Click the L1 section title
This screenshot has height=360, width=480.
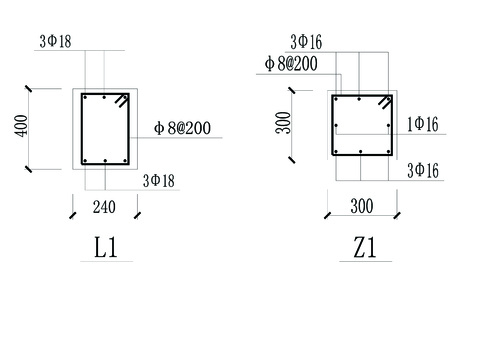pos(106,247)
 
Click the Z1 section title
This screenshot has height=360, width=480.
pos(365,247)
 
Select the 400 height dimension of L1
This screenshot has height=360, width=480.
pos(21,126)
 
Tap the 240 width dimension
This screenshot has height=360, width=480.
pos(104,207)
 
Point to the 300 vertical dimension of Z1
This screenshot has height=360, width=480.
pos(283,123)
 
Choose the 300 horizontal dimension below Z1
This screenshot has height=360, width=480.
pos(362,206)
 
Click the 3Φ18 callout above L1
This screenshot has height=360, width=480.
pos(55,42)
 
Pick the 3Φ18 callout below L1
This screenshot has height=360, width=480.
pos(159,181)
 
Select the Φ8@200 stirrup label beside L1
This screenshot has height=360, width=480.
pos(182,128)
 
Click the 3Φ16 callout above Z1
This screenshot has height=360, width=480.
pos(306,42)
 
